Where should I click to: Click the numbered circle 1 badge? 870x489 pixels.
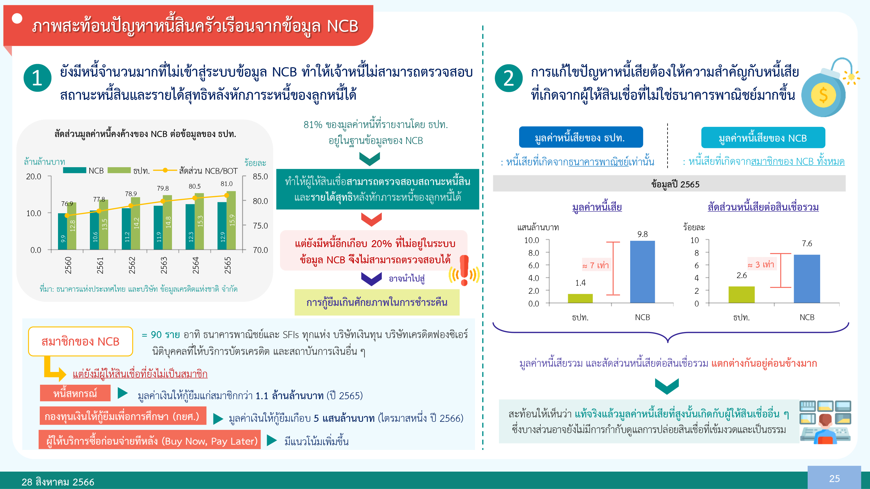[37, 78]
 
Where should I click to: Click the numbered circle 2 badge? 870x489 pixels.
[509, 78]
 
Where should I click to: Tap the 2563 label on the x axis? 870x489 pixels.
[164, 265]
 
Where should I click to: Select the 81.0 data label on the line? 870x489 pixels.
[226, 184]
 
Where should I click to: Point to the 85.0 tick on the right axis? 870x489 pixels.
[260, 176]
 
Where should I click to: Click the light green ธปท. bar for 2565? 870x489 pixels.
[231, 220]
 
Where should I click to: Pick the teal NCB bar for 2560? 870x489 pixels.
[62, 231]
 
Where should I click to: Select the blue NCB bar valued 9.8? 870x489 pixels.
[642, 272]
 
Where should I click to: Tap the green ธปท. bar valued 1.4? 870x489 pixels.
[580, 298]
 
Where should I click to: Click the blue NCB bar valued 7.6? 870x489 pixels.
[807, 279]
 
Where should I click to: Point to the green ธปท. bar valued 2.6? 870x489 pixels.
[742, 295]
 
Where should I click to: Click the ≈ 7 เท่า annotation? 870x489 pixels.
[595, 265]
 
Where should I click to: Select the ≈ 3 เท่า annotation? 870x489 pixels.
[761, 264]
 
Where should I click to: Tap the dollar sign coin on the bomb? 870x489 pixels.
[823, 95]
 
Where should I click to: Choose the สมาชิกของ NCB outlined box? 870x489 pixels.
[80, 341]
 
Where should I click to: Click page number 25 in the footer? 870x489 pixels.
[834, 478]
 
